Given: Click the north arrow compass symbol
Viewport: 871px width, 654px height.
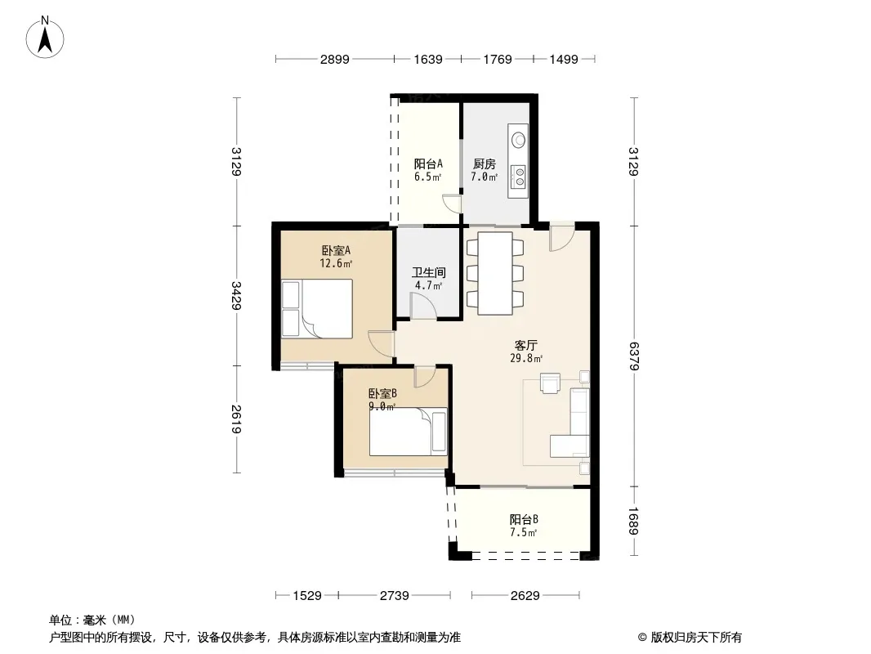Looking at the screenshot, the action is (45, 38).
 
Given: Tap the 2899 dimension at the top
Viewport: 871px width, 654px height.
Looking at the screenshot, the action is (334, 59).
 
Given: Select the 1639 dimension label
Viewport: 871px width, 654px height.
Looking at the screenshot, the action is (427, 59).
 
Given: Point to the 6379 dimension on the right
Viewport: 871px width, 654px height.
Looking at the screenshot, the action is (634, 356).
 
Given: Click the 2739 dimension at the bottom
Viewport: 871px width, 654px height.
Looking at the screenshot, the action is (395, 596).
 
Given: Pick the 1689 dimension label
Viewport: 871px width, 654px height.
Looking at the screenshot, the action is (634, 521).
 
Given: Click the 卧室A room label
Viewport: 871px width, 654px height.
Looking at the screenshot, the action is (336, 251).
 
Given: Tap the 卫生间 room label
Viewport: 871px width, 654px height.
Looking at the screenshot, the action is (429, 272).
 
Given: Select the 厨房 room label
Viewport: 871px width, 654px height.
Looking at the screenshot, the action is (485, 164).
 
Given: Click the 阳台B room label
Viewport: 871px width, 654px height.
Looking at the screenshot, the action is (524, 520).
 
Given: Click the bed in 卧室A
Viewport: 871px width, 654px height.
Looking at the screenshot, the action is (317, 308).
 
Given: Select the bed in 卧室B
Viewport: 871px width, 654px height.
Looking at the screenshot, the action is (409, 432).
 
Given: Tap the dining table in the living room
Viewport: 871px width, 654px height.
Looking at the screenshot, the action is (495, 273).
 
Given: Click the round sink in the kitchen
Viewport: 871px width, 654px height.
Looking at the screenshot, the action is (519, 140).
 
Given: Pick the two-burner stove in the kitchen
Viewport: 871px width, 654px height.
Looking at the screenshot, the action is (519, 176).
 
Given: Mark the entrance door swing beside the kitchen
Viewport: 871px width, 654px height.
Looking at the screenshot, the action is (561, 236).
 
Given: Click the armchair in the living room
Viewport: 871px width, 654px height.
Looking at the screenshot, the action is (551, 383).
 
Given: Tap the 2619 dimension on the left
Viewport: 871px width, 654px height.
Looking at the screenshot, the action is (236, 419).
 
